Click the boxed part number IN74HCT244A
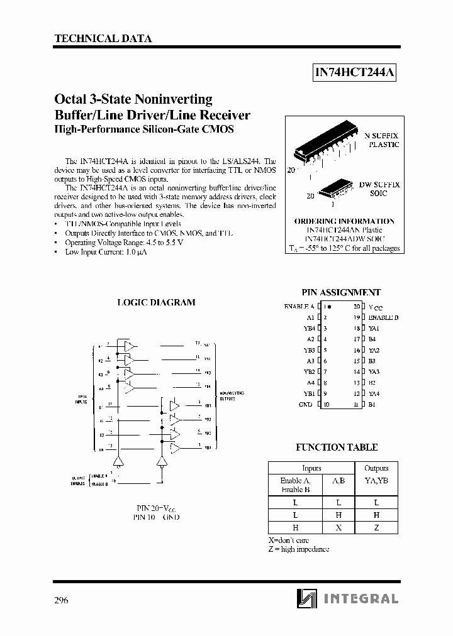click(354, 73)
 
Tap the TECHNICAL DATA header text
click(103, 38)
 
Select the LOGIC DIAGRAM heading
click(157, 302)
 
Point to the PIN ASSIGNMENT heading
click(341, 292)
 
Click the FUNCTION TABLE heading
click(337, 447)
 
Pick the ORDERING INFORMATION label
click(344, 221)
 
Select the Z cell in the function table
click(376, 528)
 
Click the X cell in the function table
click(338, 528)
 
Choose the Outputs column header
click(376, 468)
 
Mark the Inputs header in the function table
click(311, 468)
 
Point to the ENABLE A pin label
click(299, 306)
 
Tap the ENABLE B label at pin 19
click(383, 317)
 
